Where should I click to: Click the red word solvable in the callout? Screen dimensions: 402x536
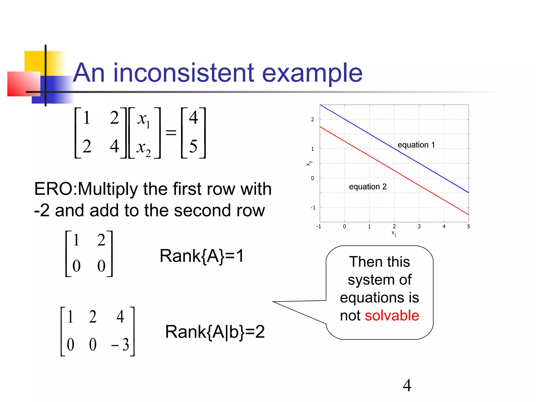click(392, 315)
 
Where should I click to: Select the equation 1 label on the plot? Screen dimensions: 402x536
click(416, 145)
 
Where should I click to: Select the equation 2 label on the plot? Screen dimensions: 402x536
click(367, 187)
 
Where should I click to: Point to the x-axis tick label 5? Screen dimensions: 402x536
click(468, 227)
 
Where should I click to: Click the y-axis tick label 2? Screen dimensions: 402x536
click(312, 119)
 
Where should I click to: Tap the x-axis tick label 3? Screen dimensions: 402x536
click(419, 227)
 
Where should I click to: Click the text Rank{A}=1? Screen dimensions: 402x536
click(202, 256)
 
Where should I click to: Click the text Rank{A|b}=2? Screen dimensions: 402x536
click(215, 332)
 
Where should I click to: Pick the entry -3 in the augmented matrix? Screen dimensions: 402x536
click(120, 344)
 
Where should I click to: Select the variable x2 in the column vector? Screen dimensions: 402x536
click(144, 148)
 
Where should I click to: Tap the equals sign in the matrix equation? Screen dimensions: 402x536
click(171, 133)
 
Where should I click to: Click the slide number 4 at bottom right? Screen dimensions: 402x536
click(407, 385)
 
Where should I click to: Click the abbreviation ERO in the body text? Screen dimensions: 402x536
click(53, 189)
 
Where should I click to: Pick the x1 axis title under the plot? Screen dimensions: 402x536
click(394, 233)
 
